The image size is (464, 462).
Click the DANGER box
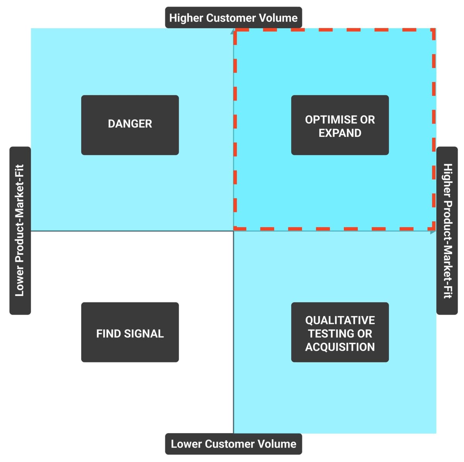point(130,125)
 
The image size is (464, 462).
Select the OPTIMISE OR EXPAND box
point(340,125)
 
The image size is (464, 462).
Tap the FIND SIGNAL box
point(130,332)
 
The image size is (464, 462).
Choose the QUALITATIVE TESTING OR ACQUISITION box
point(340,332)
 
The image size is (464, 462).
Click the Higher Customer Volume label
point(234,17)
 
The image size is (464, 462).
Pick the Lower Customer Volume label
point(234,443)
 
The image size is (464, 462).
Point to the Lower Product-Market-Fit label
point(20,230)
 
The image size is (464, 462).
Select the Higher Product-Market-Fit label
point(447,230)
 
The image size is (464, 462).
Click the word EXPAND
point(340,133)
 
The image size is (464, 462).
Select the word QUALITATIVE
point(340,320)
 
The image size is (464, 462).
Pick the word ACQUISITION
point(340,347)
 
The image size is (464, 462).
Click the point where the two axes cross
point(234,231)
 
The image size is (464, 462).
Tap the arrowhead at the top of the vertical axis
point(233,31)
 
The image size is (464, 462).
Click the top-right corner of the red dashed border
point(434,30)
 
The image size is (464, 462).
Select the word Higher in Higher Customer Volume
point(186,17)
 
